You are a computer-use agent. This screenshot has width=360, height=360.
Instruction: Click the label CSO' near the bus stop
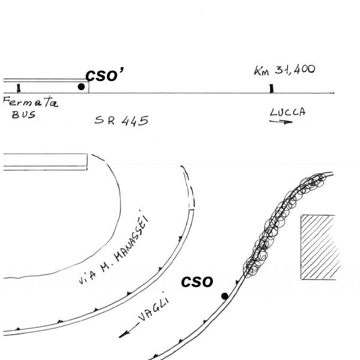click(104, 75)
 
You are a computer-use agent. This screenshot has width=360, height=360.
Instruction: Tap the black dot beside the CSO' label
click(81, 86)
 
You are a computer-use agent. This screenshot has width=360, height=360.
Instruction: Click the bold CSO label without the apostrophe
click(197, 282)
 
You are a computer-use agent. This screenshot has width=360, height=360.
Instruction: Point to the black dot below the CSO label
click(225, 296)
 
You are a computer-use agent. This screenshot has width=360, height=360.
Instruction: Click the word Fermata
click(31, 101)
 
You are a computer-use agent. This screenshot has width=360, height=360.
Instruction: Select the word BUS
click(24, 115)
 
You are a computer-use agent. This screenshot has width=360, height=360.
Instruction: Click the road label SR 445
click(121, 121)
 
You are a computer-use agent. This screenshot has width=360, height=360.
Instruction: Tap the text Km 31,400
click(284, 70)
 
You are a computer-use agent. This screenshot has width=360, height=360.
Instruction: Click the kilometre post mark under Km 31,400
click(272, 89)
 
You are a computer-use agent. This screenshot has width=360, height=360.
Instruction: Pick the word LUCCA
click(288, 112)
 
